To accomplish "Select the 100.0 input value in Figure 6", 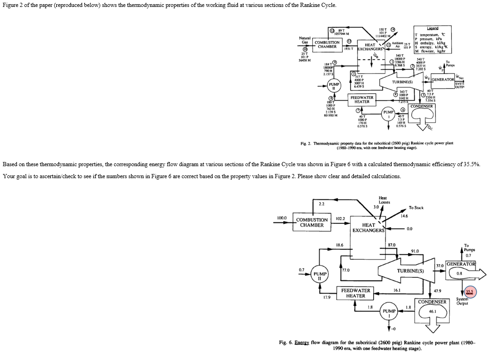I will pyautogui.click(x=282, y=217).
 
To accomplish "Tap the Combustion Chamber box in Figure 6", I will pyautogui.click(x=312, y=222).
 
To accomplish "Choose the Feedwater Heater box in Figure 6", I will pyautogui.click(x=356, y=293).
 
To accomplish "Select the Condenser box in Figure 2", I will pyautogui.click(x=422, y=106).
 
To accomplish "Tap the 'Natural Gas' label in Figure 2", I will pyautogui.click(x=304, y=40).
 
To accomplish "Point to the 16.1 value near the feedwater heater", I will pyautogui.click(x=397, y=290).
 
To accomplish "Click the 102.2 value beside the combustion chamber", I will pyautogui.click(x=340, y=218).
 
